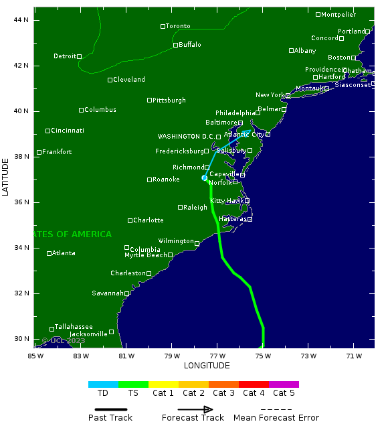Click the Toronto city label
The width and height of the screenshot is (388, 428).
pos(178,26)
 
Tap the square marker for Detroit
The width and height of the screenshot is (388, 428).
pos(79,56)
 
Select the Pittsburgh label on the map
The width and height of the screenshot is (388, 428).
pos(169,100)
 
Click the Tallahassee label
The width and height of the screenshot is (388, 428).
pos(74,327)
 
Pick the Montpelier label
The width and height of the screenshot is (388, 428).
pos(338,15)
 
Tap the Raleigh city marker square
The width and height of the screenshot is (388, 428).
pos(180,208)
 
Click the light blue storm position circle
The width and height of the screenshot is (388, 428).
pos(205,177)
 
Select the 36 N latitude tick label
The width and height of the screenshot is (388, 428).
pos(21,202)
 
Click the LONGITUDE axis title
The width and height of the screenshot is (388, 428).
pos(207,366)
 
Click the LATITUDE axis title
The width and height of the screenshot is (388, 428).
pos(7,177)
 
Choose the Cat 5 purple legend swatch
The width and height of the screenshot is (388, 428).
pos(284,384)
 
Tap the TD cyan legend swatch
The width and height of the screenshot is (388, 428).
pos(103,384)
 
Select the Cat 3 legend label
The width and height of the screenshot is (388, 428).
pos(223,393)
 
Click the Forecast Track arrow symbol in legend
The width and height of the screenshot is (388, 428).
pos(195,409)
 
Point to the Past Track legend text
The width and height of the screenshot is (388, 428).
pos(110,418)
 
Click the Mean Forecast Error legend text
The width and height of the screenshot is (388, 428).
pos(276,418)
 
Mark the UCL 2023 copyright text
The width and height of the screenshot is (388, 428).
pos(64,341)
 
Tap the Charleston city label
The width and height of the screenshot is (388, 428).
pos(128,273)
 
